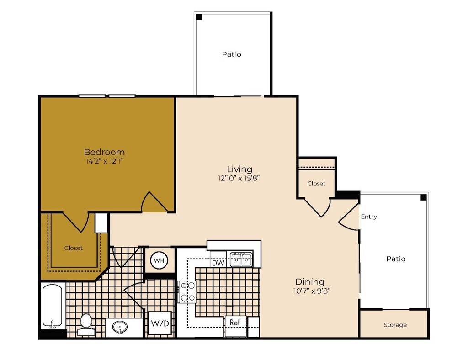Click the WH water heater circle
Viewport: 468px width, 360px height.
pos(160,260)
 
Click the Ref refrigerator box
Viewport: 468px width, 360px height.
pos(235,323)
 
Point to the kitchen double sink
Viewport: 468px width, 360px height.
pos(241,260)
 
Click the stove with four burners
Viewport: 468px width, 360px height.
pos(187,291)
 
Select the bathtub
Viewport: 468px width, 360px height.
pos(52,306)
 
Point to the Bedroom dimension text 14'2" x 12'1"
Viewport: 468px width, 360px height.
pos(104,161)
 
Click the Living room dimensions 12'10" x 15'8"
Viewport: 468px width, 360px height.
pos(239,178)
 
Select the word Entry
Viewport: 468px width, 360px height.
pos(369,217)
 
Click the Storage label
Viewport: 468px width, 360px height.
pos(395,325)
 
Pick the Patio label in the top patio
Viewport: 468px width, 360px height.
pos(232,54)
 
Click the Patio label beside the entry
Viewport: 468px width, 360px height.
pos(396,259)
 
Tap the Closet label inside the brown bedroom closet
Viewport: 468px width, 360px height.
pos(74,248)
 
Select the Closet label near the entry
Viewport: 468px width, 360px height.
pos(316,184)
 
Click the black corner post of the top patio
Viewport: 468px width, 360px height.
pos(199,17)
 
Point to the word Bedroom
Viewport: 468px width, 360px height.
pos(104,152)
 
